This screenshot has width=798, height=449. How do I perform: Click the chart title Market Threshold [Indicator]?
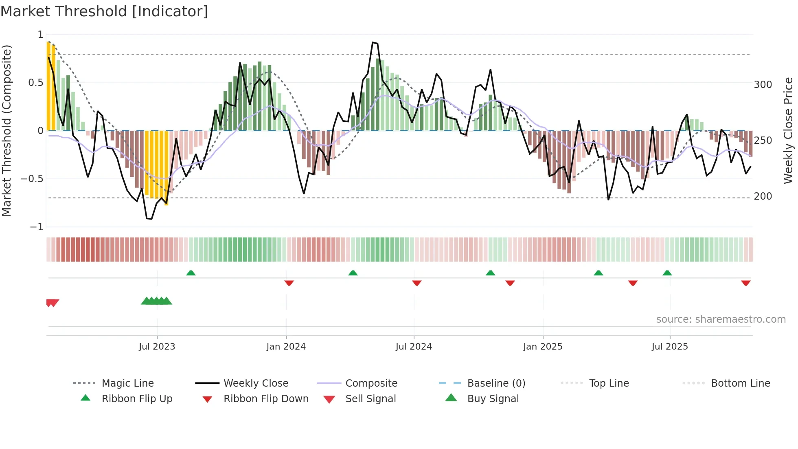point(104,11)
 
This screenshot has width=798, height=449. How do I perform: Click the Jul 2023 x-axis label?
point(157,347)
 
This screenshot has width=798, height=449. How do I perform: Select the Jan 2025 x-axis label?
point(543,347)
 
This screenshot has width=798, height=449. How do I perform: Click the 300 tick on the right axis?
point(763,85)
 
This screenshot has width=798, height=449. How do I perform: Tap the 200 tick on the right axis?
point(763,196)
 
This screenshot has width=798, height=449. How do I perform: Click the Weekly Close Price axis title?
point(788,130)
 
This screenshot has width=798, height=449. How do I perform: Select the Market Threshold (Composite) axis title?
point(7,130)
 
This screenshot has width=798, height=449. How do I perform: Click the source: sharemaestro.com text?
point(721,319)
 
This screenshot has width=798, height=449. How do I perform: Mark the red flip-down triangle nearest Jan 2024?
point(289,283)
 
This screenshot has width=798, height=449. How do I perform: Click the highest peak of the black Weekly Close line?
point(373,42)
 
